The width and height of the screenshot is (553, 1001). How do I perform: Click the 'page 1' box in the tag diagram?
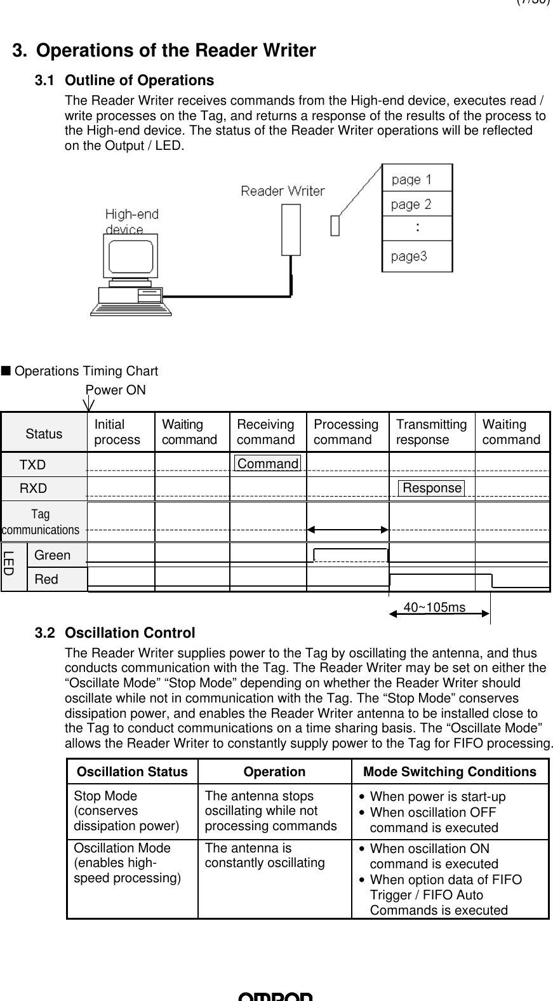tap(416, 179)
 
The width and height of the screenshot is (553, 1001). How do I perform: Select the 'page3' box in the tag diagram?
tap(416, 256)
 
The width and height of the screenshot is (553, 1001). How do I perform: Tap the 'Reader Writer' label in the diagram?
tap(282, 191)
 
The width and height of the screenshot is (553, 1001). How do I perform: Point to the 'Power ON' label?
tap(115, 390)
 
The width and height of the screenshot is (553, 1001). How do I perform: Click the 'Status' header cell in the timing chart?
tap(44, 434)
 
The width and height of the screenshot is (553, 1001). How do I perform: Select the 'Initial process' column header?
tap(117, 432)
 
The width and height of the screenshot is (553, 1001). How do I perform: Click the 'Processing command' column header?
tap(346, 432)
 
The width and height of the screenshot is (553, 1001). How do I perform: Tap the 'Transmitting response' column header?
tap(431, 432)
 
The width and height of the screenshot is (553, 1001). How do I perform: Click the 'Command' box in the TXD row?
tap(267, 464)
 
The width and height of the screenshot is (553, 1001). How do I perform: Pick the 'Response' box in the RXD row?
tap(432, 488)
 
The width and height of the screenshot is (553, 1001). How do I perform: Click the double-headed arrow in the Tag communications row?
tap(347, 529)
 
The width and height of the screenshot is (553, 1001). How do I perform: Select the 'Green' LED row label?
tap(53, 555)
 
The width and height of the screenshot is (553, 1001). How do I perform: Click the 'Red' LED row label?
tap(46, 579)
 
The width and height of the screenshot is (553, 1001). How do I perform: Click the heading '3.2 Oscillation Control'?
tap(115, 633)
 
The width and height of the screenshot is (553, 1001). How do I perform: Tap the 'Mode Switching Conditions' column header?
tap(450, 772)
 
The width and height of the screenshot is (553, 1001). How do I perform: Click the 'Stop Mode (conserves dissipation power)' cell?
tap(126, 811)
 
